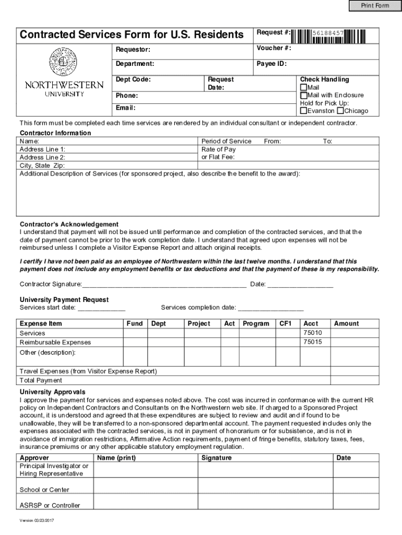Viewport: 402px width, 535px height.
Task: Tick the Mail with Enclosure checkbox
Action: coord(303,95)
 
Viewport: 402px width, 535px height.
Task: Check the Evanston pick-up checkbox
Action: coord(303,111)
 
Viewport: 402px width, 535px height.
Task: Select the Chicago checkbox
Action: coord(340,111)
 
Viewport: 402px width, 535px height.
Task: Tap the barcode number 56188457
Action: coord(328,33)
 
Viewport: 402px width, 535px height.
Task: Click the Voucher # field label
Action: coord(274,49)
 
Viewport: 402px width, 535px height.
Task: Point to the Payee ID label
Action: coord(271,64)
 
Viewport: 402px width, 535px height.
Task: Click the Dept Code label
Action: coord(133,79)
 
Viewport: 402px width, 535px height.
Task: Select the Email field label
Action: coord(125,108)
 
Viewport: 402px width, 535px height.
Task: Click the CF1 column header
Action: coord(286,323)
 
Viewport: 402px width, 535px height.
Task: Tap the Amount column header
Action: coord(346,323)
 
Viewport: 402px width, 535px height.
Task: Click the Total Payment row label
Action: coord(41,380)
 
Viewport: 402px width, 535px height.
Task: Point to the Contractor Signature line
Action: coord(164,285)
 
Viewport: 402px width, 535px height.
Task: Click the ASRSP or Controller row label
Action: coord(50,505)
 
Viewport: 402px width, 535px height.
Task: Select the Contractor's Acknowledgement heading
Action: coord(69,224)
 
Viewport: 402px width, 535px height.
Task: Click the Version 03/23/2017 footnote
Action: coord(37,520)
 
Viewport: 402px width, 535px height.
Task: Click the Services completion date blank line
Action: coord(270,308)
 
